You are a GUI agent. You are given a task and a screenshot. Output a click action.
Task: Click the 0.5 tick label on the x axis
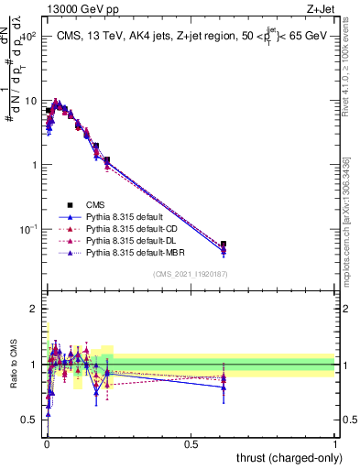coord(191,442)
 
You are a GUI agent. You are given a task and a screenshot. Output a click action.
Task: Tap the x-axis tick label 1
coord(335,442)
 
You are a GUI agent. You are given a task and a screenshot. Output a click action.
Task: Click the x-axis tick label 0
coord(47,442)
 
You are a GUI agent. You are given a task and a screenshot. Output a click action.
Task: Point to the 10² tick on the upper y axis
coord(29,37)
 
